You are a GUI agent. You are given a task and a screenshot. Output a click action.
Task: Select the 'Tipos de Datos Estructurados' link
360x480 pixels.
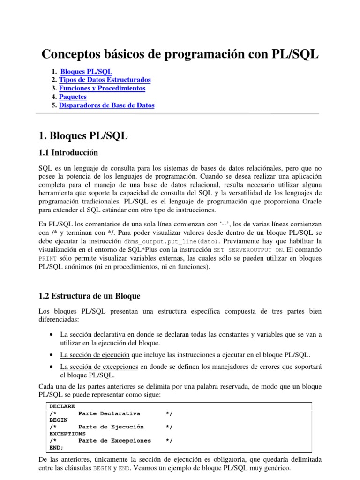pos(105,80)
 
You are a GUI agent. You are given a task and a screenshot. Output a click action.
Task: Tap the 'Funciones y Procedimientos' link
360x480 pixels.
pos(102,88)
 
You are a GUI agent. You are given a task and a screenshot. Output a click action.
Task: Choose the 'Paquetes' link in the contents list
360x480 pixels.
pos(73,97)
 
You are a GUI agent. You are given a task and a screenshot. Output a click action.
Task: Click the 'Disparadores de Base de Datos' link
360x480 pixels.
pos(107,105)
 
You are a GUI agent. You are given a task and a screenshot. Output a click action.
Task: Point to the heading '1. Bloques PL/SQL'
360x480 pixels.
pos(83,136)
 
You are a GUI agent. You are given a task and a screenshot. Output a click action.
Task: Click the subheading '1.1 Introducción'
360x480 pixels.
pos(68,152)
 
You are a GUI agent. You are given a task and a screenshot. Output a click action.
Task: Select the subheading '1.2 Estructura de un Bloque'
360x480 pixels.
pos(89,296)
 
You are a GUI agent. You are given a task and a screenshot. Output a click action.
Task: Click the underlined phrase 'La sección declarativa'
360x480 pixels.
pos(92,335)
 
